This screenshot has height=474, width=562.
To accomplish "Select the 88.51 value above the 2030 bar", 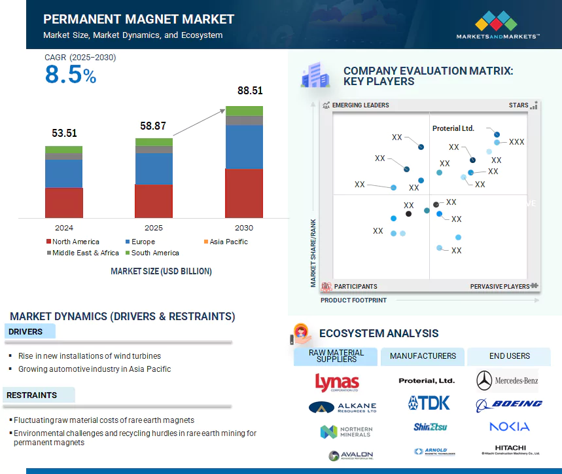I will click(250, 91).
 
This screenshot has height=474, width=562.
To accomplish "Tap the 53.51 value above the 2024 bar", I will click(64, 133).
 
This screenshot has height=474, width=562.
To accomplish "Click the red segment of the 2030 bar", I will click(244, 193).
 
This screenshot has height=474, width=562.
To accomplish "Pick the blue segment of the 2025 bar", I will click(154, 169).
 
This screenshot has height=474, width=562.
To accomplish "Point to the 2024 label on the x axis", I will click(64, 228).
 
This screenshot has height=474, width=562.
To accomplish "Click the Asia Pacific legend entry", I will click(228, 242).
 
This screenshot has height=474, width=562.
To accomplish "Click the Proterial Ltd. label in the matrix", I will click(453, 128).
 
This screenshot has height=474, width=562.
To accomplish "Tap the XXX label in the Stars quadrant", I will click(517, 142).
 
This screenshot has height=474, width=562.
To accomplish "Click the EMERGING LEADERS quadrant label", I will click(360, 105).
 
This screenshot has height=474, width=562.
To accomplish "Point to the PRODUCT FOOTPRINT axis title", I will click(353, 301).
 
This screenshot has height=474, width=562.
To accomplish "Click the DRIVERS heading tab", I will click(26, 332).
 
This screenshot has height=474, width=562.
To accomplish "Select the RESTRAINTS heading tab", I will click(33, 395).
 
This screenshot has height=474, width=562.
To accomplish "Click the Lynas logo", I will click(337, 382).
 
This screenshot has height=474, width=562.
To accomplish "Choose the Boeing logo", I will click(509, 404).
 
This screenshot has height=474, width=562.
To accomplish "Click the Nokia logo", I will click(509, 427).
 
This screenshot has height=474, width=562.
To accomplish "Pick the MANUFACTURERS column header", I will click(423, 356).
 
